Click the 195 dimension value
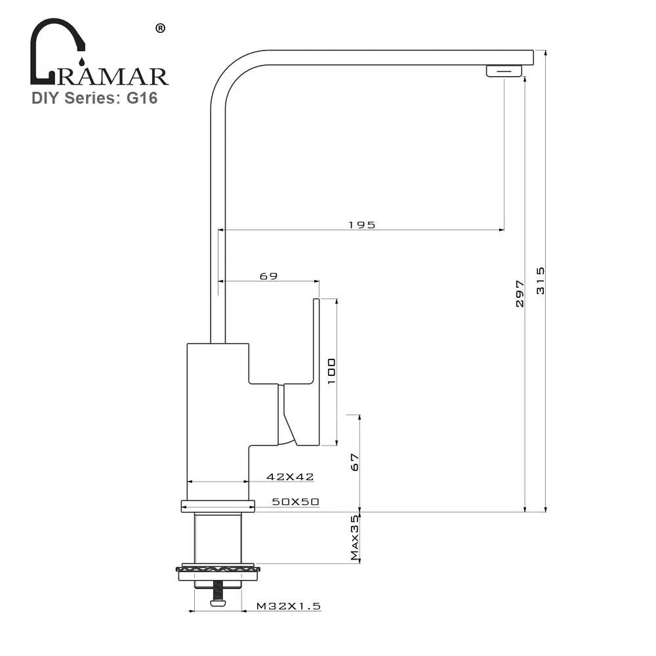click(x=361, y=224)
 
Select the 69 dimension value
click(x=268, y=276)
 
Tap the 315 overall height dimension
click(x=541, y=280)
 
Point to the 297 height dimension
click(x=520, y=294)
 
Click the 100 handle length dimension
click(x=331, y=371)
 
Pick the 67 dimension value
click(x=355, y=462)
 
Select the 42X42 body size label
click(x=290, y=477)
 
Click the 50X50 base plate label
click(x=295, y=502)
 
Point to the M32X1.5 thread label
click(x=289, y=607)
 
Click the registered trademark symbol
click(x=159, y=28)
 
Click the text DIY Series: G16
click(x=94, y=98)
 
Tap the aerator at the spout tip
click(x=504, y=71)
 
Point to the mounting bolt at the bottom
click(x=217, y=594)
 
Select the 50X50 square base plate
click(x=217, y=506)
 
